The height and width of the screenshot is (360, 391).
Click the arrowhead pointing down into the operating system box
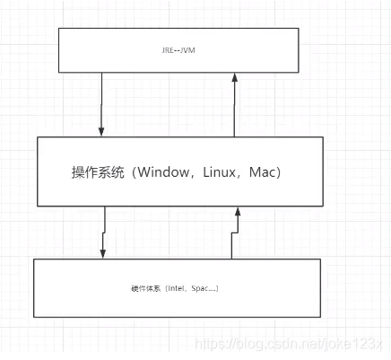tap(102, 131)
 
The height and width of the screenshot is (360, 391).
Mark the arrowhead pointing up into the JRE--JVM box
tap(234, 77)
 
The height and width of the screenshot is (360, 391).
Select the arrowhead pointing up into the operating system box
tap(239, 212)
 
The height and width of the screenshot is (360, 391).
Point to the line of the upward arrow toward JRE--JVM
tap(234, 108)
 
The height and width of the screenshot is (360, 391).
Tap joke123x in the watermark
tap(360, 345)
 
